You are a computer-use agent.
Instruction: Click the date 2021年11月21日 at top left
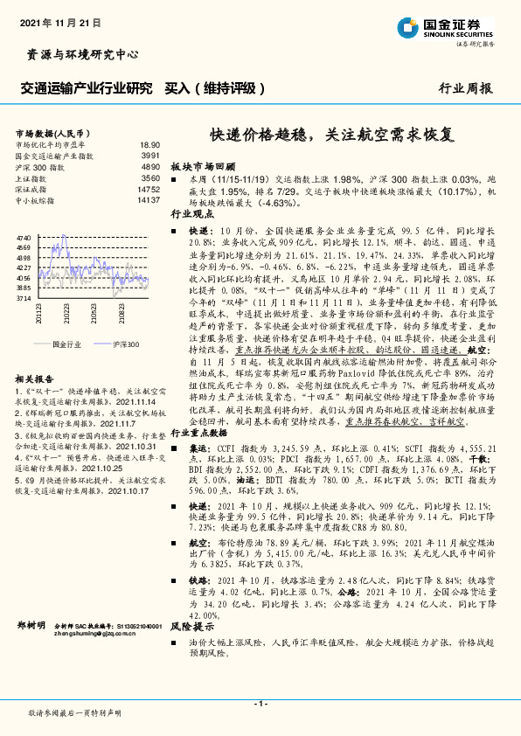pyautogui.click(x=60, y=20)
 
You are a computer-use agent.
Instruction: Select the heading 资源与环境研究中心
pyautogui.click(x=78, y=54)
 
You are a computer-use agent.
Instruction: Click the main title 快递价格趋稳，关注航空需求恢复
pyautogui.click(x=331, y=135)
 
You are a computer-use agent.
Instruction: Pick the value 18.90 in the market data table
pyautogui.click(x=149, y=145)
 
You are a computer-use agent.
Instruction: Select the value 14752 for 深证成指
pyautogui.click(x=149, y=189)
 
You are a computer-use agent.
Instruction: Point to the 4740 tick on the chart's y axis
pyautogui.click(x=24, y=238)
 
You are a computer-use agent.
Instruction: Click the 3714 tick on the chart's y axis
pyautogui.click(x=24, y=298)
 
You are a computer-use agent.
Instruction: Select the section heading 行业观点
pyautogui.click(x=191, y=213)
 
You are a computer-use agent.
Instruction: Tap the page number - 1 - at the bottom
pyautogui.click(x=260, y=704)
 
